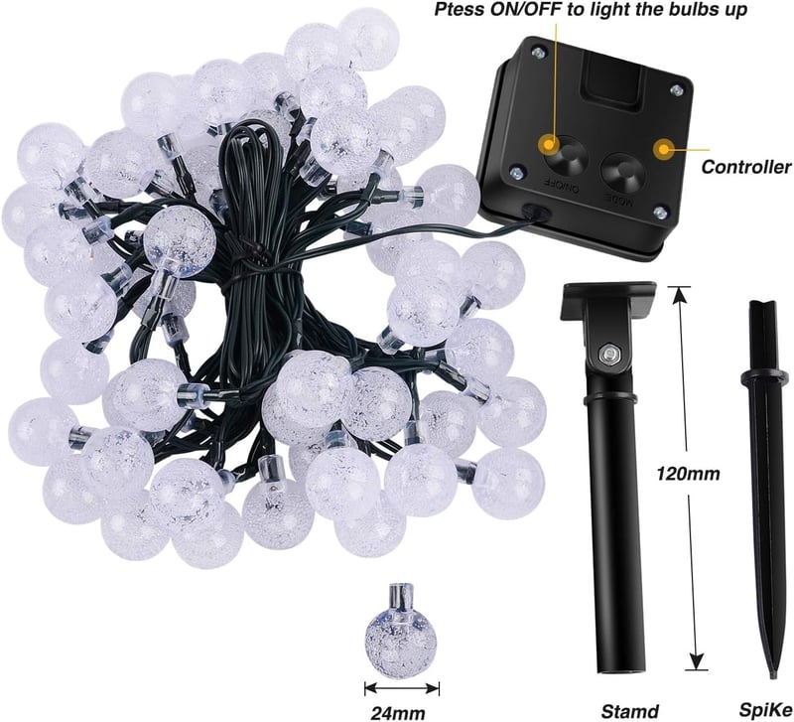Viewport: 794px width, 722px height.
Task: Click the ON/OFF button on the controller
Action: (566, 156)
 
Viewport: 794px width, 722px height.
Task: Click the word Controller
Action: (746, 167)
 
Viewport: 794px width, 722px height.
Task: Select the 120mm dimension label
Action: (688, 474)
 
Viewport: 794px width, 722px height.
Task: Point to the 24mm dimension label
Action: (398, 712)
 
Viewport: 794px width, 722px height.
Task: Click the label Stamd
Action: (630, 711)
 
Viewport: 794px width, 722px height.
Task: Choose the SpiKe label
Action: (765, 710)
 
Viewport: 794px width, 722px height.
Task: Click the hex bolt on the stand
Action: (607, 354)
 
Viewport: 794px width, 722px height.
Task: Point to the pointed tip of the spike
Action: (773, 676)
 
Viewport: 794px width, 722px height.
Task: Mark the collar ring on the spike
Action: (764, 376)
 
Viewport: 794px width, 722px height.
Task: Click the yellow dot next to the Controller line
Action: (663, 150)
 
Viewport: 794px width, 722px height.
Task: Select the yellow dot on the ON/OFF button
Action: (548, 145)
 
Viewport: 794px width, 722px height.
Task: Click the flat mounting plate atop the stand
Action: (608, 301)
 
